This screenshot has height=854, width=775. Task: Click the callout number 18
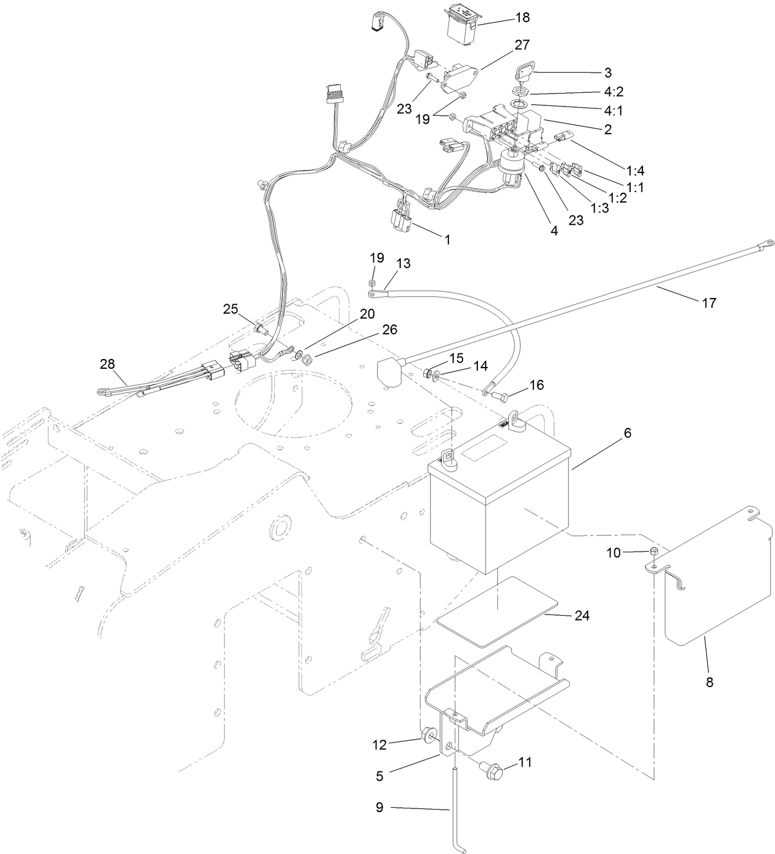pyautogui.click(x=522, y=18)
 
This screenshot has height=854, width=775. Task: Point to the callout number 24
pyautogui.click(x=582, y=615)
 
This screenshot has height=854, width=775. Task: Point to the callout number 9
pyautogui.click(x=379, y=807)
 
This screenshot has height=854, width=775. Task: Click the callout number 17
pyautogui.click(x=709, y=303)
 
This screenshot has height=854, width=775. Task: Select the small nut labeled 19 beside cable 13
pyautogui.click(x=373, y=282)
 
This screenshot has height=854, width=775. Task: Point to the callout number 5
pyautogui.click(x=379, y=776)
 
